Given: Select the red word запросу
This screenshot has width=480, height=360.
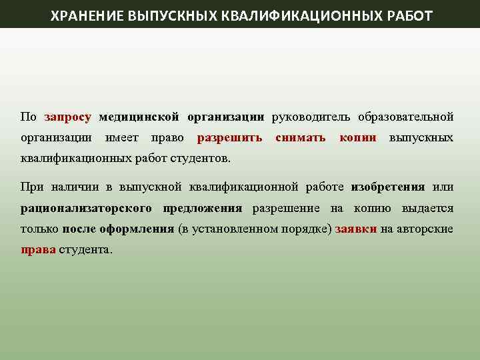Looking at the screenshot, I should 67,117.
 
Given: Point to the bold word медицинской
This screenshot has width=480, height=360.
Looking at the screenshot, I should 139,117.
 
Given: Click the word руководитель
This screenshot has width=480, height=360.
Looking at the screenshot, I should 310,117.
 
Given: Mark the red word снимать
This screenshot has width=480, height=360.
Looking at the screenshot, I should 300,138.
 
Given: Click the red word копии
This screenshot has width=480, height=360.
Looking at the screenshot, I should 357,138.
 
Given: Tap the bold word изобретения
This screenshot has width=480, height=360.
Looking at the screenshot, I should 388,186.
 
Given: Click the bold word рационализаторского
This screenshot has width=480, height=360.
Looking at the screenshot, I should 87,207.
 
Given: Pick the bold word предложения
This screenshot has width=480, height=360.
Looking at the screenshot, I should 203,207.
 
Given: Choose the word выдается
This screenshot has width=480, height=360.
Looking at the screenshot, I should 427,207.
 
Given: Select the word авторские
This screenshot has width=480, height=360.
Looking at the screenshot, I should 425,229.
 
